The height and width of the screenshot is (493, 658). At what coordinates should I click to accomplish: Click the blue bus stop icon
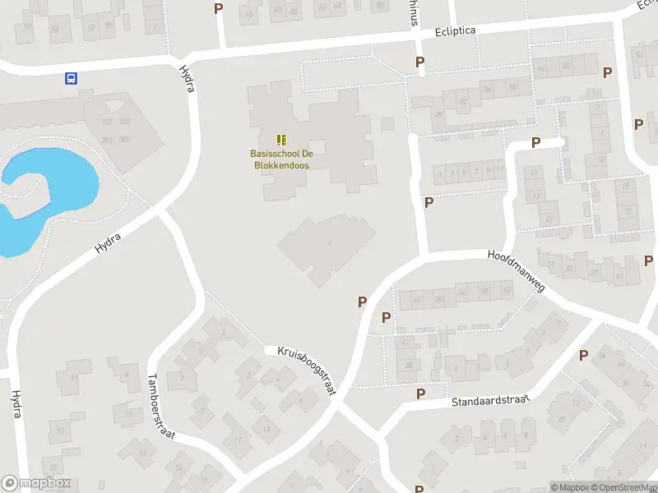[x=72, y=79]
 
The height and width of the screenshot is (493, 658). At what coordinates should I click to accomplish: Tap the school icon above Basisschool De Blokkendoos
[x=281, y=141]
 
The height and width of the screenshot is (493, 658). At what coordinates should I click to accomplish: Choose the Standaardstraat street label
[x=488, y=400]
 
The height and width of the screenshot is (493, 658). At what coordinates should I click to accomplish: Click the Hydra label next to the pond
[x=108, y=242]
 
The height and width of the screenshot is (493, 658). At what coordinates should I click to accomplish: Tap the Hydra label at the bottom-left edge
[x=15, y=403]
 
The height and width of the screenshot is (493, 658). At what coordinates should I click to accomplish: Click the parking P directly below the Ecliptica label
[x=420, y=62]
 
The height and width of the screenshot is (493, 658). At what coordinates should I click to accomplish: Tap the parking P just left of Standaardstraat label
[x=420, y=394]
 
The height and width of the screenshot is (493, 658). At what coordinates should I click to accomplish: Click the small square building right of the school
[x=387, y=124]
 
